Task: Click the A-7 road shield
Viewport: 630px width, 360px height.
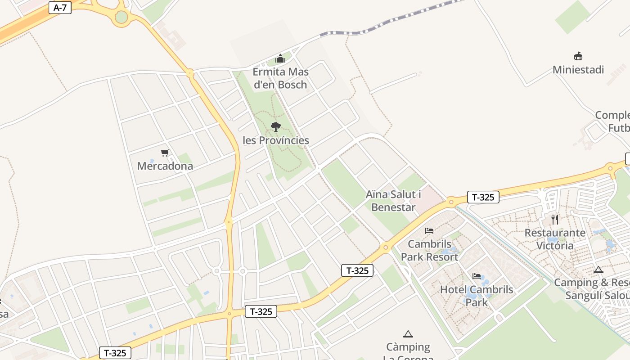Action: pyautogui.click(x=60, y=8)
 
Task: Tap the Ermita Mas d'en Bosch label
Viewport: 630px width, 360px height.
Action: pyautogui.click(x=280, y=78)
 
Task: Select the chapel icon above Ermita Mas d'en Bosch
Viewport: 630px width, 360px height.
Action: pyautogui.click(x=280, y=58)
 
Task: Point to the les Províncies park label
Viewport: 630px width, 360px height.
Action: pyautogui.click(x=276, y=140)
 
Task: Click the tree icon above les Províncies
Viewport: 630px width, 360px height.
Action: pyautogui.click(x=276, y=126)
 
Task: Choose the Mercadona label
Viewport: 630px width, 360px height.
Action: pyautogui.click(x=165, y=166)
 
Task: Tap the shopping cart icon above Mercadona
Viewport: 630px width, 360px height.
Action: pyautogui.click(x=165, y=153)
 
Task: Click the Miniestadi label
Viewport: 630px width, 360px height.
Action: pyautogui.click(x=578, y=70)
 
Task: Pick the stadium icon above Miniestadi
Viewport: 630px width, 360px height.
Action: pyautogui.click(x=578, y=56)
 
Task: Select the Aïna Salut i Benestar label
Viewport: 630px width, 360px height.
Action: pyautogui.click(x=393, y=201)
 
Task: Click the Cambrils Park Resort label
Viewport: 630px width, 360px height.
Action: pyautogui.click(x=429, y=250)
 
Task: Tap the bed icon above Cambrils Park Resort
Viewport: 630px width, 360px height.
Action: pyautogui.click(x=429, y=231)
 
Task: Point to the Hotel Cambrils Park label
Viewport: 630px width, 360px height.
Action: pyautogui.click(x=477, y=295)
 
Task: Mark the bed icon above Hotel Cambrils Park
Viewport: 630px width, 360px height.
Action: pyautogui.click(x=477, y=276)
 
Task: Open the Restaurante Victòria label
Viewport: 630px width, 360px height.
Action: pyautogui.click(x=555, y=239)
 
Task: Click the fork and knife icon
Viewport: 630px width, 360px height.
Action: pyautogui.click(x=555, y=220)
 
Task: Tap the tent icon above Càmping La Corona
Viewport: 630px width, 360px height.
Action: pyautogui.click(x=408, y=334)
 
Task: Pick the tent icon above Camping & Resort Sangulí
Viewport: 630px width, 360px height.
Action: pyautogui.click(x=598, y=270)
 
